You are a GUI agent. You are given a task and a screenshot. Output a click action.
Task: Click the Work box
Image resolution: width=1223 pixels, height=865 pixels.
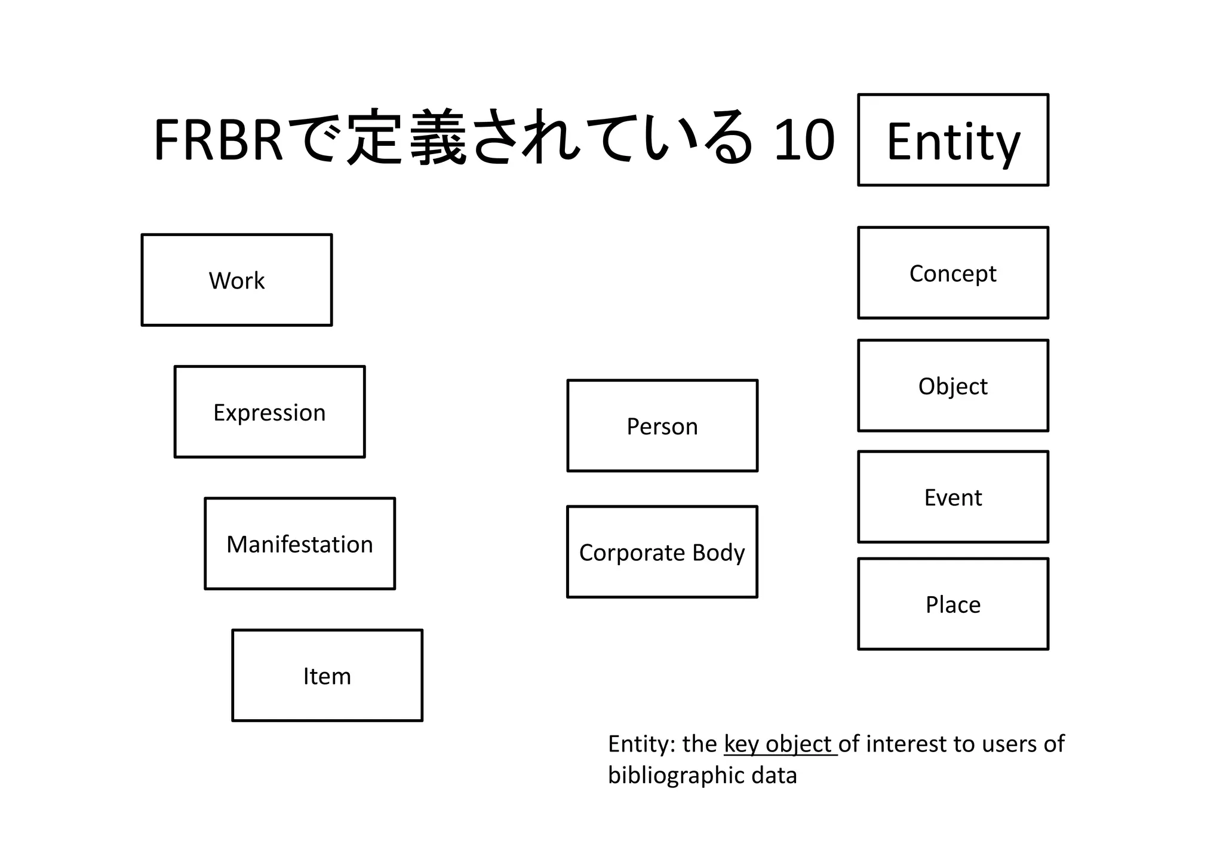click(x=236, y=280)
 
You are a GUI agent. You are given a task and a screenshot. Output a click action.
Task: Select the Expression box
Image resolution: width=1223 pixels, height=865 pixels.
click(x=269, y=412)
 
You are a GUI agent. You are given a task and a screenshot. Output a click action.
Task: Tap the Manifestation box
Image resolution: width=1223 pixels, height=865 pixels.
click(x=300, y=544)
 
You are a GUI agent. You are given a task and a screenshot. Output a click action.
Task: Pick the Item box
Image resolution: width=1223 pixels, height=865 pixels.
click(x=327, y=676)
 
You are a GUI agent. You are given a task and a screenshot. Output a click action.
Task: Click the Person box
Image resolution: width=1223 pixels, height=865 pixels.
click(x=662, y=426)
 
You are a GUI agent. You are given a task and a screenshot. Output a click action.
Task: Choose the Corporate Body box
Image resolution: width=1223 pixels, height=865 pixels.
click(x=662, y=552)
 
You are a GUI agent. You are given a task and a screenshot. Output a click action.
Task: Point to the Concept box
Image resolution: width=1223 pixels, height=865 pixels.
click(x=953, y=273)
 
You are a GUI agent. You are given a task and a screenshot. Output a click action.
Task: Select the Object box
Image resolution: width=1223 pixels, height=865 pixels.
click(x=953, y=386)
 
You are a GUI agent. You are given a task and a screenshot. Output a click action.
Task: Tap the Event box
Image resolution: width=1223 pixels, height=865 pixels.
click(x=953, y=497)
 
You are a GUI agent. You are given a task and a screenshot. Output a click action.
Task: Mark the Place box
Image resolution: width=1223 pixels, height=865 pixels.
click(x=953, y=604)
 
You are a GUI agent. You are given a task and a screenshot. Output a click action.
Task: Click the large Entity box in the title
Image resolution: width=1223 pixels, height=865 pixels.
click(x=953, y=140)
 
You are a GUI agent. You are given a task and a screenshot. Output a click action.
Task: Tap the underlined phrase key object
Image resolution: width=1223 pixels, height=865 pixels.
click(x=780, y=744)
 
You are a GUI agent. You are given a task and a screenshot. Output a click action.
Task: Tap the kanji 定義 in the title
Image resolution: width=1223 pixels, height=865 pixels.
click(x=407, y=139)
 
